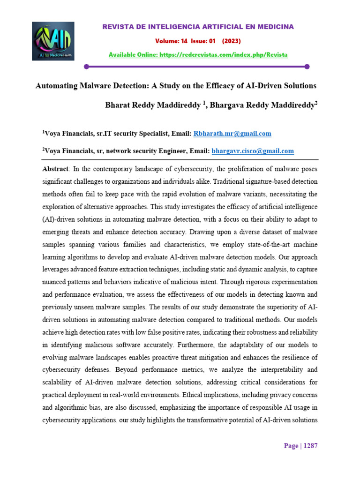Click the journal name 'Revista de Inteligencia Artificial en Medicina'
pyautogui.click(x=198, y=27)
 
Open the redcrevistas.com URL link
pyautogui.click(x=223, y=55)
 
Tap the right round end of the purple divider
pyautogui.click(x=307, y=67)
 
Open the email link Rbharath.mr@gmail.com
pyautogui.click(x=232, y=134)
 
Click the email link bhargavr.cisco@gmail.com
pyautogui.click(x=253, y=151)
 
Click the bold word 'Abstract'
pyautogui.click(x=55, y=169)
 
